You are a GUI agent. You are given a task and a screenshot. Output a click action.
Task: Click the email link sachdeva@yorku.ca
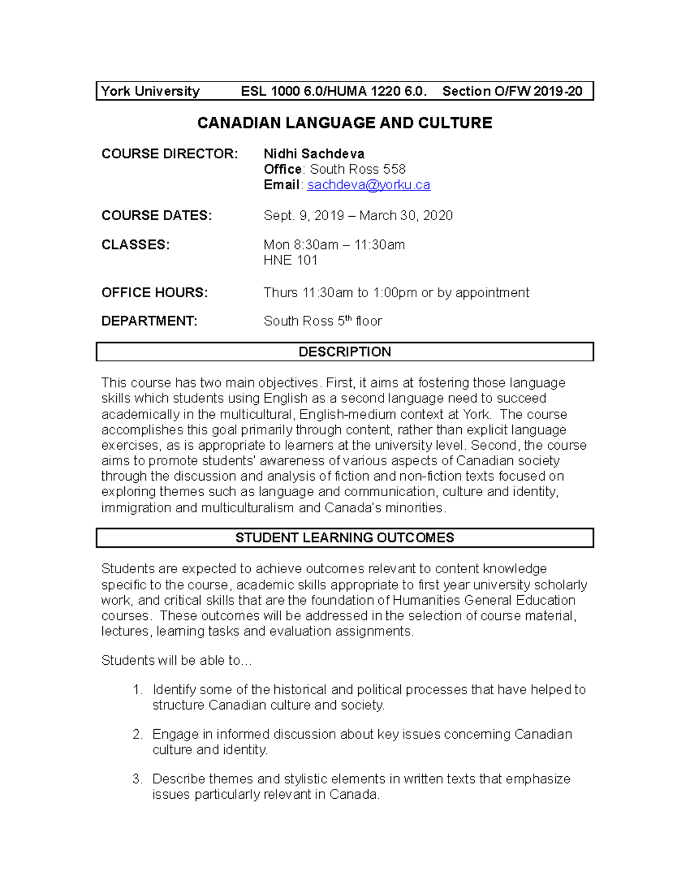[369, 185]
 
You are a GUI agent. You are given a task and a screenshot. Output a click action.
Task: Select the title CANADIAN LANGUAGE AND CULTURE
[344, 123]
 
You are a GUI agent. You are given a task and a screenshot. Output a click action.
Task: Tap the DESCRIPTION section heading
[344, 352]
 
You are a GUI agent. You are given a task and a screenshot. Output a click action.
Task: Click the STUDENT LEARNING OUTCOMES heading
[344, 538]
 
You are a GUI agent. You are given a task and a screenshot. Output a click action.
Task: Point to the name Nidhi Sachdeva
[314, 154]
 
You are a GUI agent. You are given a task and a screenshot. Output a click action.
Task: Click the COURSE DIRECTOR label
[169, 154]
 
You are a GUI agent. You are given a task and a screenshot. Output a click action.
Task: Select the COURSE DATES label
[156, 215]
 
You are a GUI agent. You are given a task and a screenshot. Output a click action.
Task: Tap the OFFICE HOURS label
[155, 292]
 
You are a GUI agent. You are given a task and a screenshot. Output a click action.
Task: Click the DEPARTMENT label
[149, 321]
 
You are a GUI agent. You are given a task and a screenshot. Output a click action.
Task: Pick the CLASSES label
[136, 244]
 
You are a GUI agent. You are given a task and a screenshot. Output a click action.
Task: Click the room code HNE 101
[290, 260]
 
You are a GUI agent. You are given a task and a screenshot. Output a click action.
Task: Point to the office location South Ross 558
[358, 169]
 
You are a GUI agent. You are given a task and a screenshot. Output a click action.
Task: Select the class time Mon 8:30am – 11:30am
[334, 244]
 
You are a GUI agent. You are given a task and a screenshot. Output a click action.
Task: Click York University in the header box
[151, 91]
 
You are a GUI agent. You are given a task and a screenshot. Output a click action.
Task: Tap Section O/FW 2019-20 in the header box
[512, 91]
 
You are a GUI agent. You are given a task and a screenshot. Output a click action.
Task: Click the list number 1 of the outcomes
[137, 689]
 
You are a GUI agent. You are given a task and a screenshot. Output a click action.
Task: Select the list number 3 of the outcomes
[137, 779]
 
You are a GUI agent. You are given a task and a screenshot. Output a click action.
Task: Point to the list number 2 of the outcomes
[137, 734]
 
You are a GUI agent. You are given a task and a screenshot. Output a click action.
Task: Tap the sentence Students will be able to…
[177, 660]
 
